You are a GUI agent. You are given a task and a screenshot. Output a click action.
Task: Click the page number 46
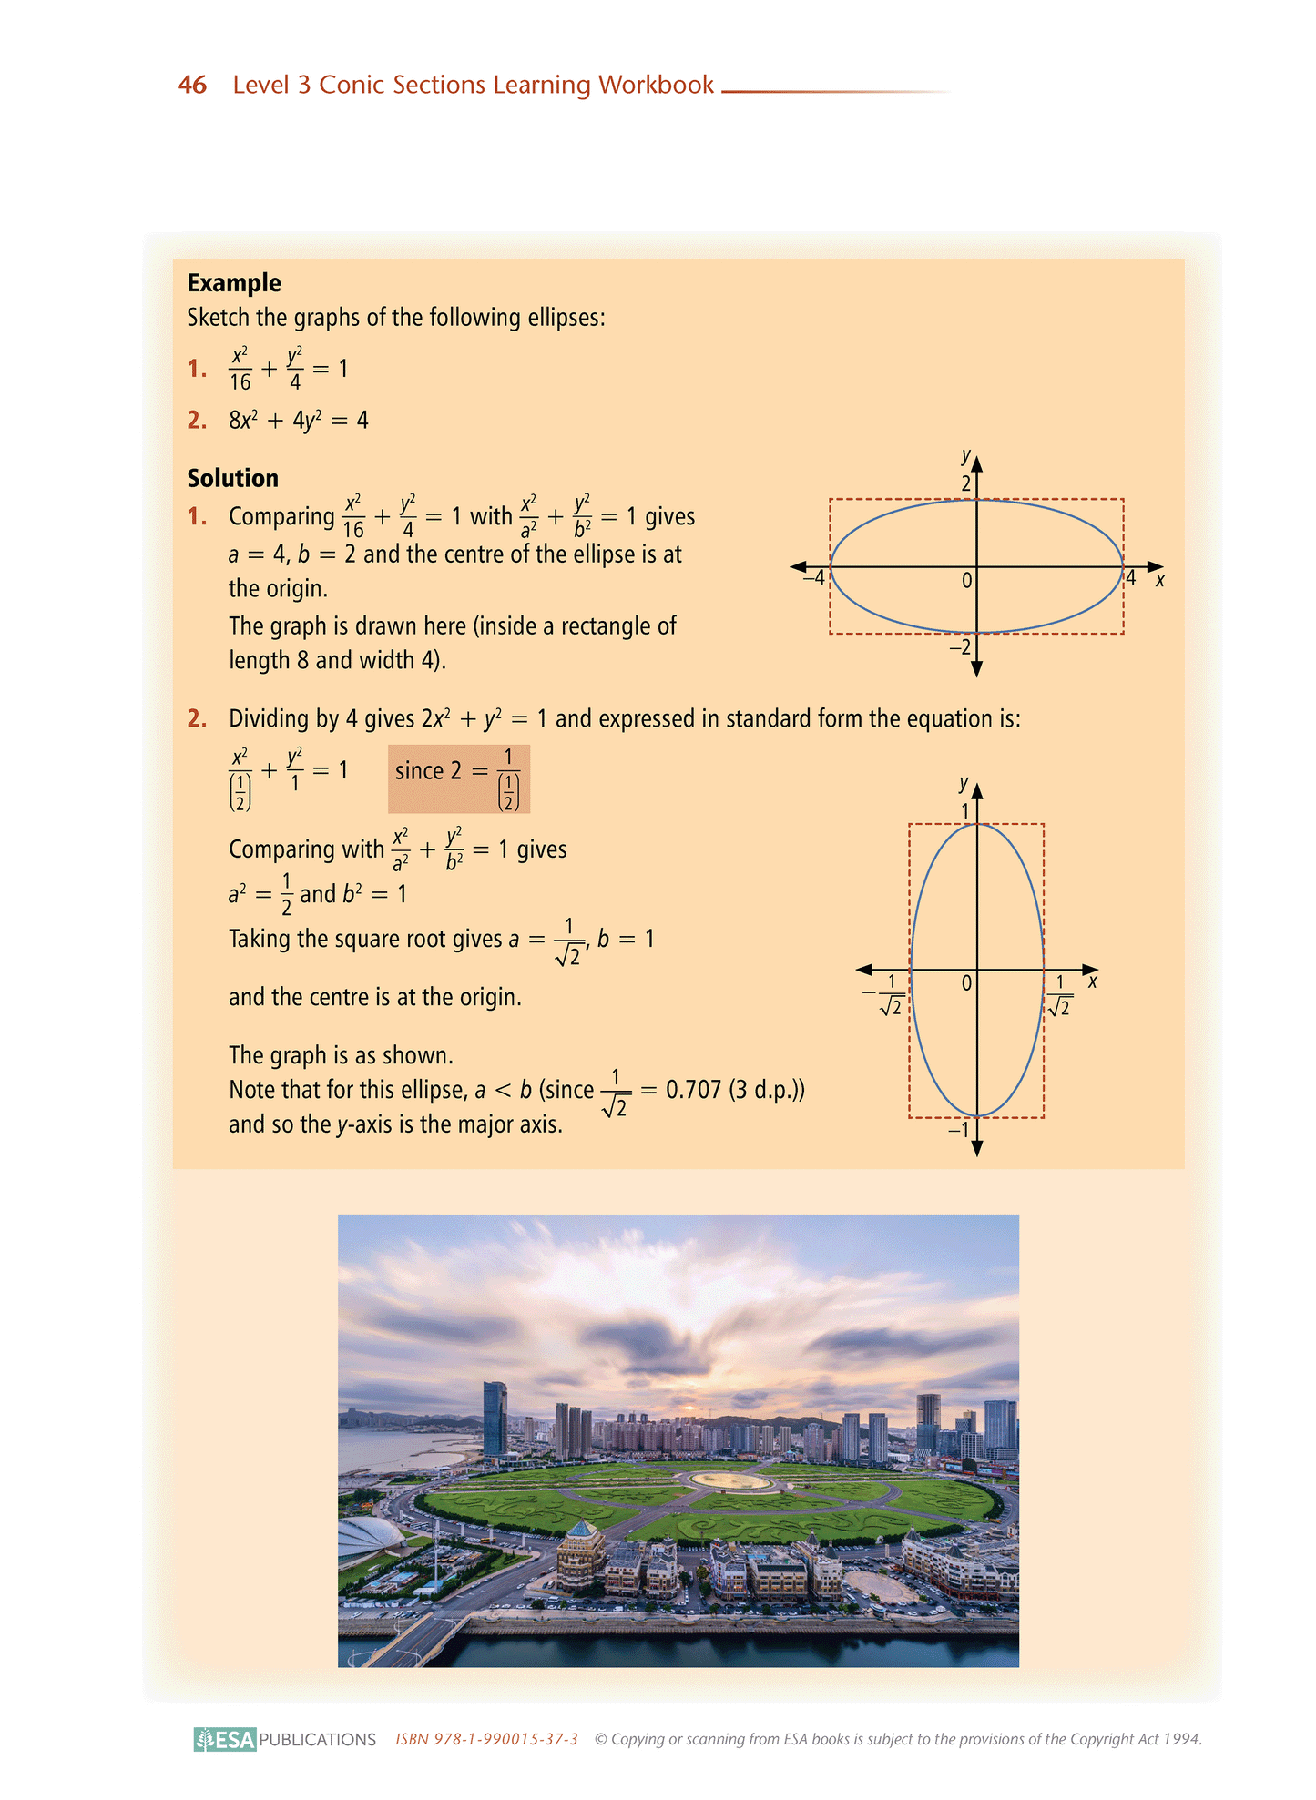(192, 85)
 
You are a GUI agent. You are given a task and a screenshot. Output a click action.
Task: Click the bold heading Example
(234, 283)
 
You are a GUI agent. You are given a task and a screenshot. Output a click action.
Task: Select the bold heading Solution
(233, 478)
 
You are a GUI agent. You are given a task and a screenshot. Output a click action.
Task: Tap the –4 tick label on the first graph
(813, 576)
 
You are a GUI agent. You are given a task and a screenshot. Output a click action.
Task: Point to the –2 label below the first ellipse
(960, 647)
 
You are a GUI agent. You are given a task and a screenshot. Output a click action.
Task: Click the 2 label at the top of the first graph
(966, 483)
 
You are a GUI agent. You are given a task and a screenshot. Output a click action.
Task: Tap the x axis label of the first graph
(1159, 580)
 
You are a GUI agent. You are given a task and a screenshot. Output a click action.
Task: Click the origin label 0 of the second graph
(966, 983)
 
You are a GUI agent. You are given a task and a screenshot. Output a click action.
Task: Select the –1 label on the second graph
(959, 1130)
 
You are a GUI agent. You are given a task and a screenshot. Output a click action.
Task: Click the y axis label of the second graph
(964, 783)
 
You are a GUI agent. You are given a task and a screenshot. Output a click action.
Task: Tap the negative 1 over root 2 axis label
(884, 994)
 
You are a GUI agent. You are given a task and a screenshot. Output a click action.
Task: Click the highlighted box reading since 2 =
(458, 778)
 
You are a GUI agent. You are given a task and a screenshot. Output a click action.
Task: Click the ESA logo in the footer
(225, 1739)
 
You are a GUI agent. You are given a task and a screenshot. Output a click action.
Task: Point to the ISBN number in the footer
(486, 1739)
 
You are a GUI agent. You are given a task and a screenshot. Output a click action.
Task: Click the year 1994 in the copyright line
(1180, 1739)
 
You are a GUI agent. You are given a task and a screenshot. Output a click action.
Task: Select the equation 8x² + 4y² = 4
(298, 421)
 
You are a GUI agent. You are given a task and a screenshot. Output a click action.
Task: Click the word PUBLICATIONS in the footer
(317, 1740)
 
